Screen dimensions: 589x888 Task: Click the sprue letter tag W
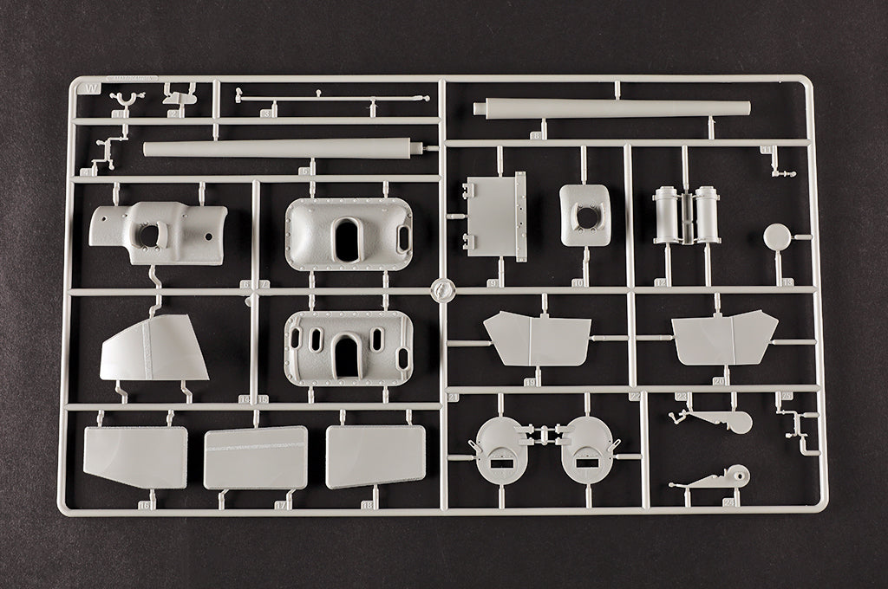click(x=88, y=86)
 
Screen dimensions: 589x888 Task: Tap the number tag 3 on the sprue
click(x=268, y=113)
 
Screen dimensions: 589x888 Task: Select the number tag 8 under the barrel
click(x=538, y=135)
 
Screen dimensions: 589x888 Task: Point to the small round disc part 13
click(x=777, y=236)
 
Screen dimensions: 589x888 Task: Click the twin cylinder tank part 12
click(x=686, y=215)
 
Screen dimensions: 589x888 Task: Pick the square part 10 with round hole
click(x=585, y=215)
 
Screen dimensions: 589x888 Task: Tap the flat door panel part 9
click(x=495, y=216)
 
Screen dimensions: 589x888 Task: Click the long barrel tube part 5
click(x=282, y=148)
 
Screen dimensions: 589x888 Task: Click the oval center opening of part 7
click(x=348, y=238)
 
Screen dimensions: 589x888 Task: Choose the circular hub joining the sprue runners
click(x=442, y=289)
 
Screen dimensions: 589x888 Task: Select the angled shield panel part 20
click(x=725, y=337)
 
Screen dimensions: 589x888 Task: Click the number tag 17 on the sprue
click(x=281, y=504)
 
